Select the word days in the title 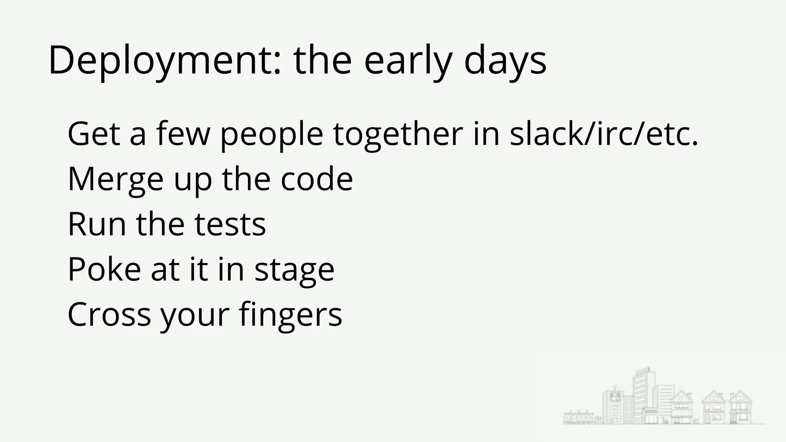[505, 61]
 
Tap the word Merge [116, 180]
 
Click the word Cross [109, 314]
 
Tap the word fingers [290, 315]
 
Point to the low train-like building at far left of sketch [578, 417]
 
